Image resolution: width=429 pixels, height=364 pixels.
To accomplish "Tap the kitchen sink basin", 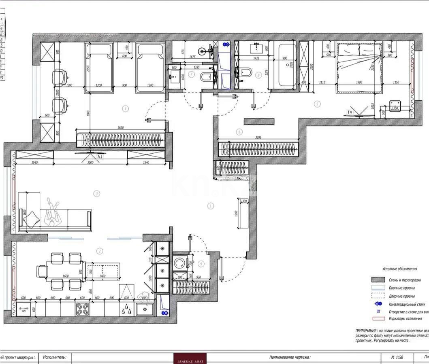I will point(144,310).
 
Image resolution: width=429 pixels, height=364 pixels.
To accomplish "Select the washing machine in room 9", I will point(179,263).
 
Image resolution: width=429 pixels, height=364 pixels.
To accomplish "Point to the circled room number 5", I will point(317,104).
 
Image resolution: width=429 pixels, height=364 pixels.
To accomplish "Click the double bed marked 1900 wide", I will point(359,67).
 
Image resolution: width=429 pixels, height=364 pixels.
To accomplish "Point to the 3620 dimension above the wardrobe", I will point(120,128).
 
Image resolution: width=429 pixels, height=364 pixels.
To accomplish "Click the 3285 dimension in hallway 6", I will point(258,138).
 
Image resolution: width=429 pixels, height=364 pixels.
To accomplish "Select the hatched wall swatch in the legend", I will point(378,280).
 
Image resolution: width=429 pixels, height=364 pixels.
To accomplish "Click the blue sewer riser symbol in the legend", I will point(378,304).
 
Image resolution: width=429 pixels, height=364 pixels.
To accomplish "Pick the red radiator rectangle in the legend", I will point(378,319).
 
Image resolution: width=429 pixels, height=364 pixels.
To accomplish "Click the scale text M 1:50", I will point(397,357).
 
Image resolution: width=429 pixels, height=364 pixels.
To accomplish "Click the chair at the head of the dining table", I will point(42,271).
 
